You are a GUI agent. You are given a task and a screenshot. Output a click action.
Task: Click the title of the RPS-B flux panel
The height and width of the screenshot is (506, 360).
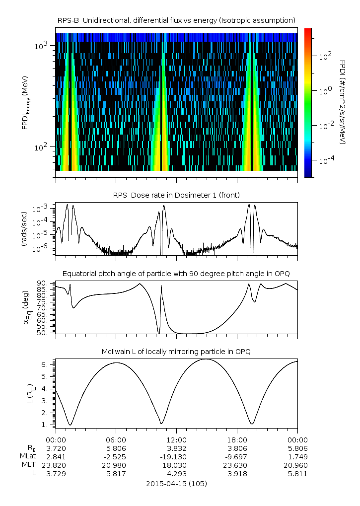coord(177,20)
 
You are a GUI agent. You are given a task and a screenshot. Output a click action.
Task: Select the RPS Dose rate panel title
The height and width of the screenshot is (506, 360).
coord(177,194)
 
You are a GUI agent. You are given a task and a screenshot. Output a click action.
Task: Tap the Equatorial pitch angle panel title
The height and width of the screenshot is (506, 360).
coord(177,274)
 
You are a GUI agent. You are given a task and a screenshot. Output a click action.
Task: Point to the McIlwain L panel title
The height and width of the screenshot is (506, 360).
coord(177,352)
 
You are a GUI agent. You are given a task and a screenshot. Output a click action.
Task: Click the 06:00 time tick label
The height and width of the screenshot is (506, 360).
coord(116,440)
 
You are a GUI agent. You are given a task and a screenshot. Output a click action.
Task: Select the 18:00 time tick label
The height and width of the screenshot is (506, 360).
coord(237,440)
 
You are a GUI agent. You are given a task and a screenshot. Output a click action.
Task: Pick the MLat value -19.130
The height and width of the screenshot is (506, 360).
coord(176,456)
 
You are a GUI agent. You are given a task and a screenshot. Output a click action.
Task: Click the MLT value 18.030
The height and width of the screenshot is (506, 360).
coord(176,465)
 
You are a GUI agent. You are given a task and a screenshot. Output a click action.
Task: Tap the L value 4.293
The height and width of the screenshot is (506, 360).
coord(176,473)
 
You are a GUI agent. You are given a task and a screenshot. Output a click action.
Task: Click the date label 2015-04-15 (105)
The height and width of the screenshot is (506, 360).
coord(176,483)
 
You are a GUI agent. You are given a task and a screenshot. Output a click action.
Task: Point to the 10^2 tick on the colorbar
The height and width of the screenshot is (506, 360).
coord(324,57)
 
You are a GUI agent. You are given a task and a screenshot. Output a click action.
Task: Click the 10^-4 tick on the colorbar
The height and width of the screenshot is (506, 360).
coord(325,161)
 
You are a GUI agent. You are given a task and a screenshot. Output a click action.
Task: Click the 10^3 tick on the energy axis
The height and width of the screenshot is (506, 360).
coord(41,46)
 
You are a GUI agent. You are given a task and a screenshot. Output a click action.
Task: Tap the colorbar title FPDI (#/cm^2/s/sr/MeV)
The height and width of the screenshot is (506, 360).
coord(343,102)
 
